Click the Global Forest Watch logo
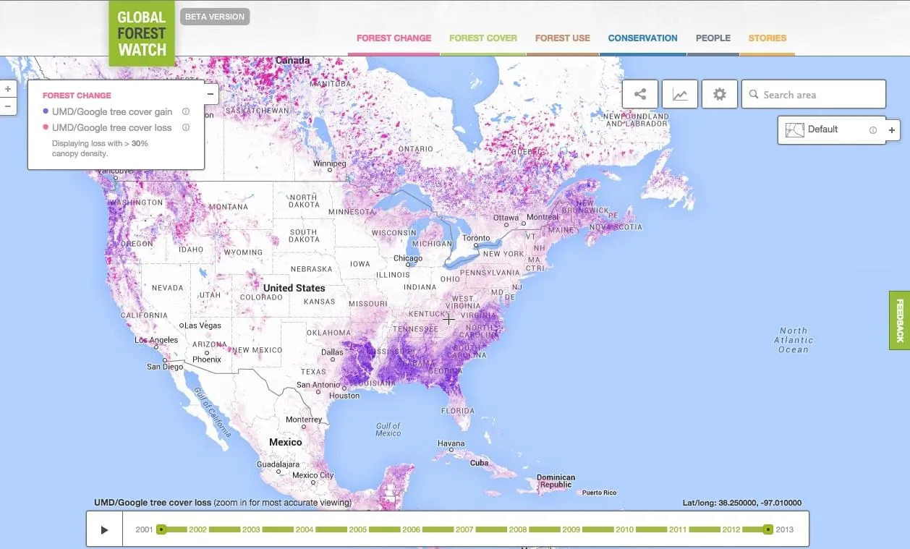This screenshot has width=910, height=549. [x=142, y=33]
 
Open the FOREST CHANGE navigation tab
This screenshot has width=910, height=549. [x=394, y=38]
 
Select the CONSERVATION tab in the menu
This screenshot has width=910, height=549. [x=642, y=38]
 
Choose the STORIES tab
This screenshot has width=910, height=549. [x=767, y=38]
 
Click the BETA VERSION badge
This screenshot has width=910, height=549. [x=215, y=17]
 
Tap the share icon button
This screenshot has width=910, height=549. [x=640, y=94]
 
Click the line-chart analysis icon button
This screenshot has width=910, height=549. [x=680, y=94]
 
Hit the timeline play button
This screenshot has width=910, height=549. [x=104, y=529]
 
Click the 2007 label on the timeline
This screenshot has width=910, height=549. [x=464, y=529]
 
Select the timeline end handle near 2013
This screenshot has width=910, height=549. [x=768, y=529]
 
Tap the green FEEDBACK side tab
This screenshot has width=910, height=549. [x=900, y=320]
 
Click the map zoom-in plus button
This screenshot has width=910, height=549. [x=8, y=89]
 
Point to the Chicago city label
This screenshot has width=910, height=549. [x=408, y=259]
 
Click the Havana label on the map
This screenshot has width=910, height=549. [x=451, y=443]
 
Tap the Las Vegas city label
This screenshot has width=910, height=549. [x=203, y=325]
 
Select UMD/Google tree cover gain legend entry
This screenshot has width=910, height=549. [x=111, y=112]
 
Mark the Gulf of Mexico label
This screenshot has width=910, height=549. [x=388, y=430]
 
